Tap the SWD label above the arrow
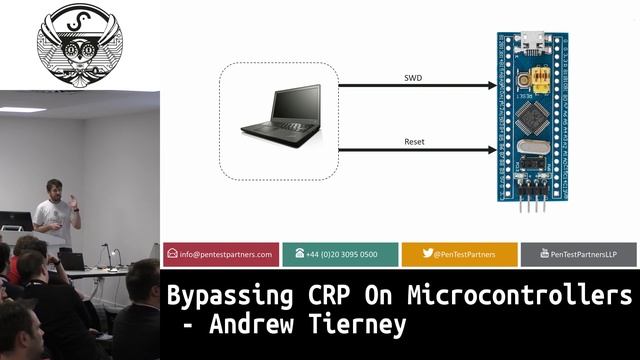tap(413, 77)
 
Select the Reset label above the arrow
tap(414, 142)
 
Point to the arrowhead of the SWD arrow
tap(492, 86)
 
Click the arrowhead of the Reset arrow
tap(492, 151)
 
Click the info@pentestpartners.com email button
tap(220, 254)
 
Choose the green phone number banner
tap(340, 254)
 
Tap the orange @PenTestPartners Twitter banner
tap(459, 254)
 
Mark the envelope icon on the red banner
tap(172, 254)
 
